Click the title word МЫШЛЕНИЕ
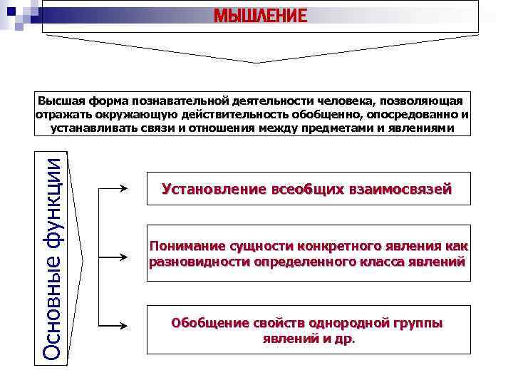(x=261, y=15)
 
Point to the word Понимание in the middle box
(x=187, y=247)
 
